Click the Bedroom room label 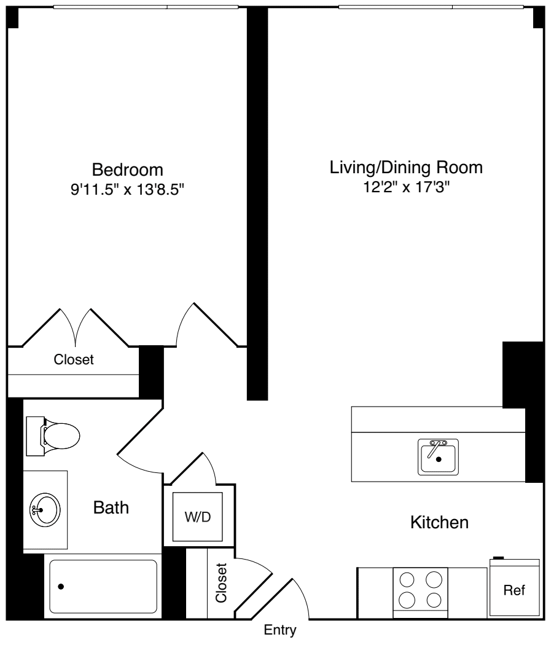tap(128, 169)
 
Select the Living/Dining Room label tap(406, 167)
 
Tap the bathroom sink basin tap(45, 509)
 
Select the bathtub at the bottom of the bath tap(103, 586)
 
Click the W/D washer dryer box tap(198, 517)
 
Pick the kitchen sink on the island tap(439, 456)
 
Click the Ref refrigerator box tap(514, 590)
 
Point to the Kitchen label tap(439, 523)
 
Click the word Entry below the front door tap(280, 630)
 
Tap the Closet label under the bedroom tap(74, 360)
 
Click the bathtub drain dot tap(61, 587)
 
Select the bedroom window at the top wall tap(145, 7)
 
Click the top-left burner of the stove tap(407, 579)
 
